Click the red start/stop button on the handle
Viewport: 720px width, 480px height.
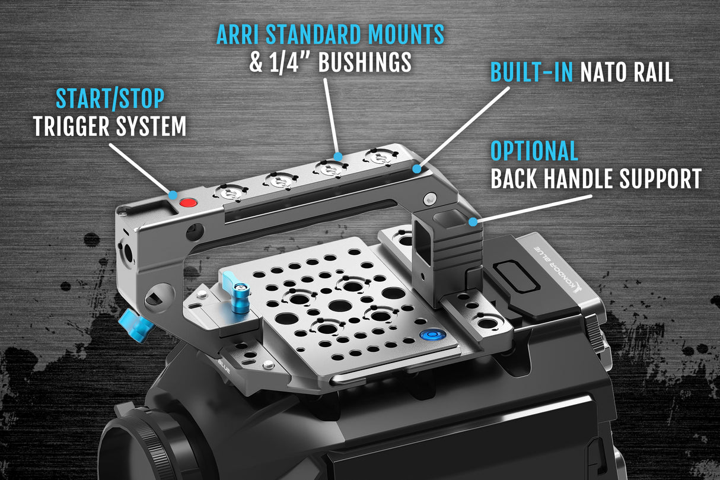pos(188,202)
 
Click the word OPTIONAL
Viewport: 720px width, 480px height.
pos(534,151)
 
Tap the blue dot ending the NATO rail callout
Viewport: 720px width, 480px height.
pos(417,169)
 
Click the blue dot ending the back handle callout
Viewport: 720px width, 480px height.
pos(473,222)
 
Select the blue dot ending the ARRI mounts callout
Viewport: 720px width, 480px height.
pos(338,157)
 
